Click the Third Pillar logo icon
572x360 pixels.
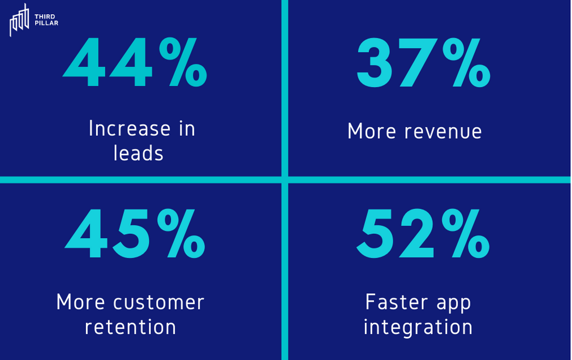(19, 20)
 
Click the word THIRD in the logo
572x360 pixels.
(45, 16)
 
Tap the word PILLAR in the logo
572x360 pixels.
(46, 23)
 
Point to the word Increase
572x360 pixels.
(130, 128)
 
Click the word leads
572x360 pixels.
(138, 153)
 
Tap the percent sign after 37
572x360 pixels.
(466, 62)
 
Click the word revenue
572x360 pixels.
(443, 131)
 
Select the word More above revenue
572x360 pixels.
(371, 131)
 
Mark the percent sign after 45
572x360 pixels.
(181, 234)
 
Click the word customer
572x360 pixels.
(158, 302)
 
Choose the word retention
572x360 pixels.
(130, 327)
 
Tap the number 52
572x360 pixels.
(395, 234)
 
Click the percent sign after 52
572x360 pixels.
(466, 234)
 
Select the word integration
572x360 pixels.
(418, 327)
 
